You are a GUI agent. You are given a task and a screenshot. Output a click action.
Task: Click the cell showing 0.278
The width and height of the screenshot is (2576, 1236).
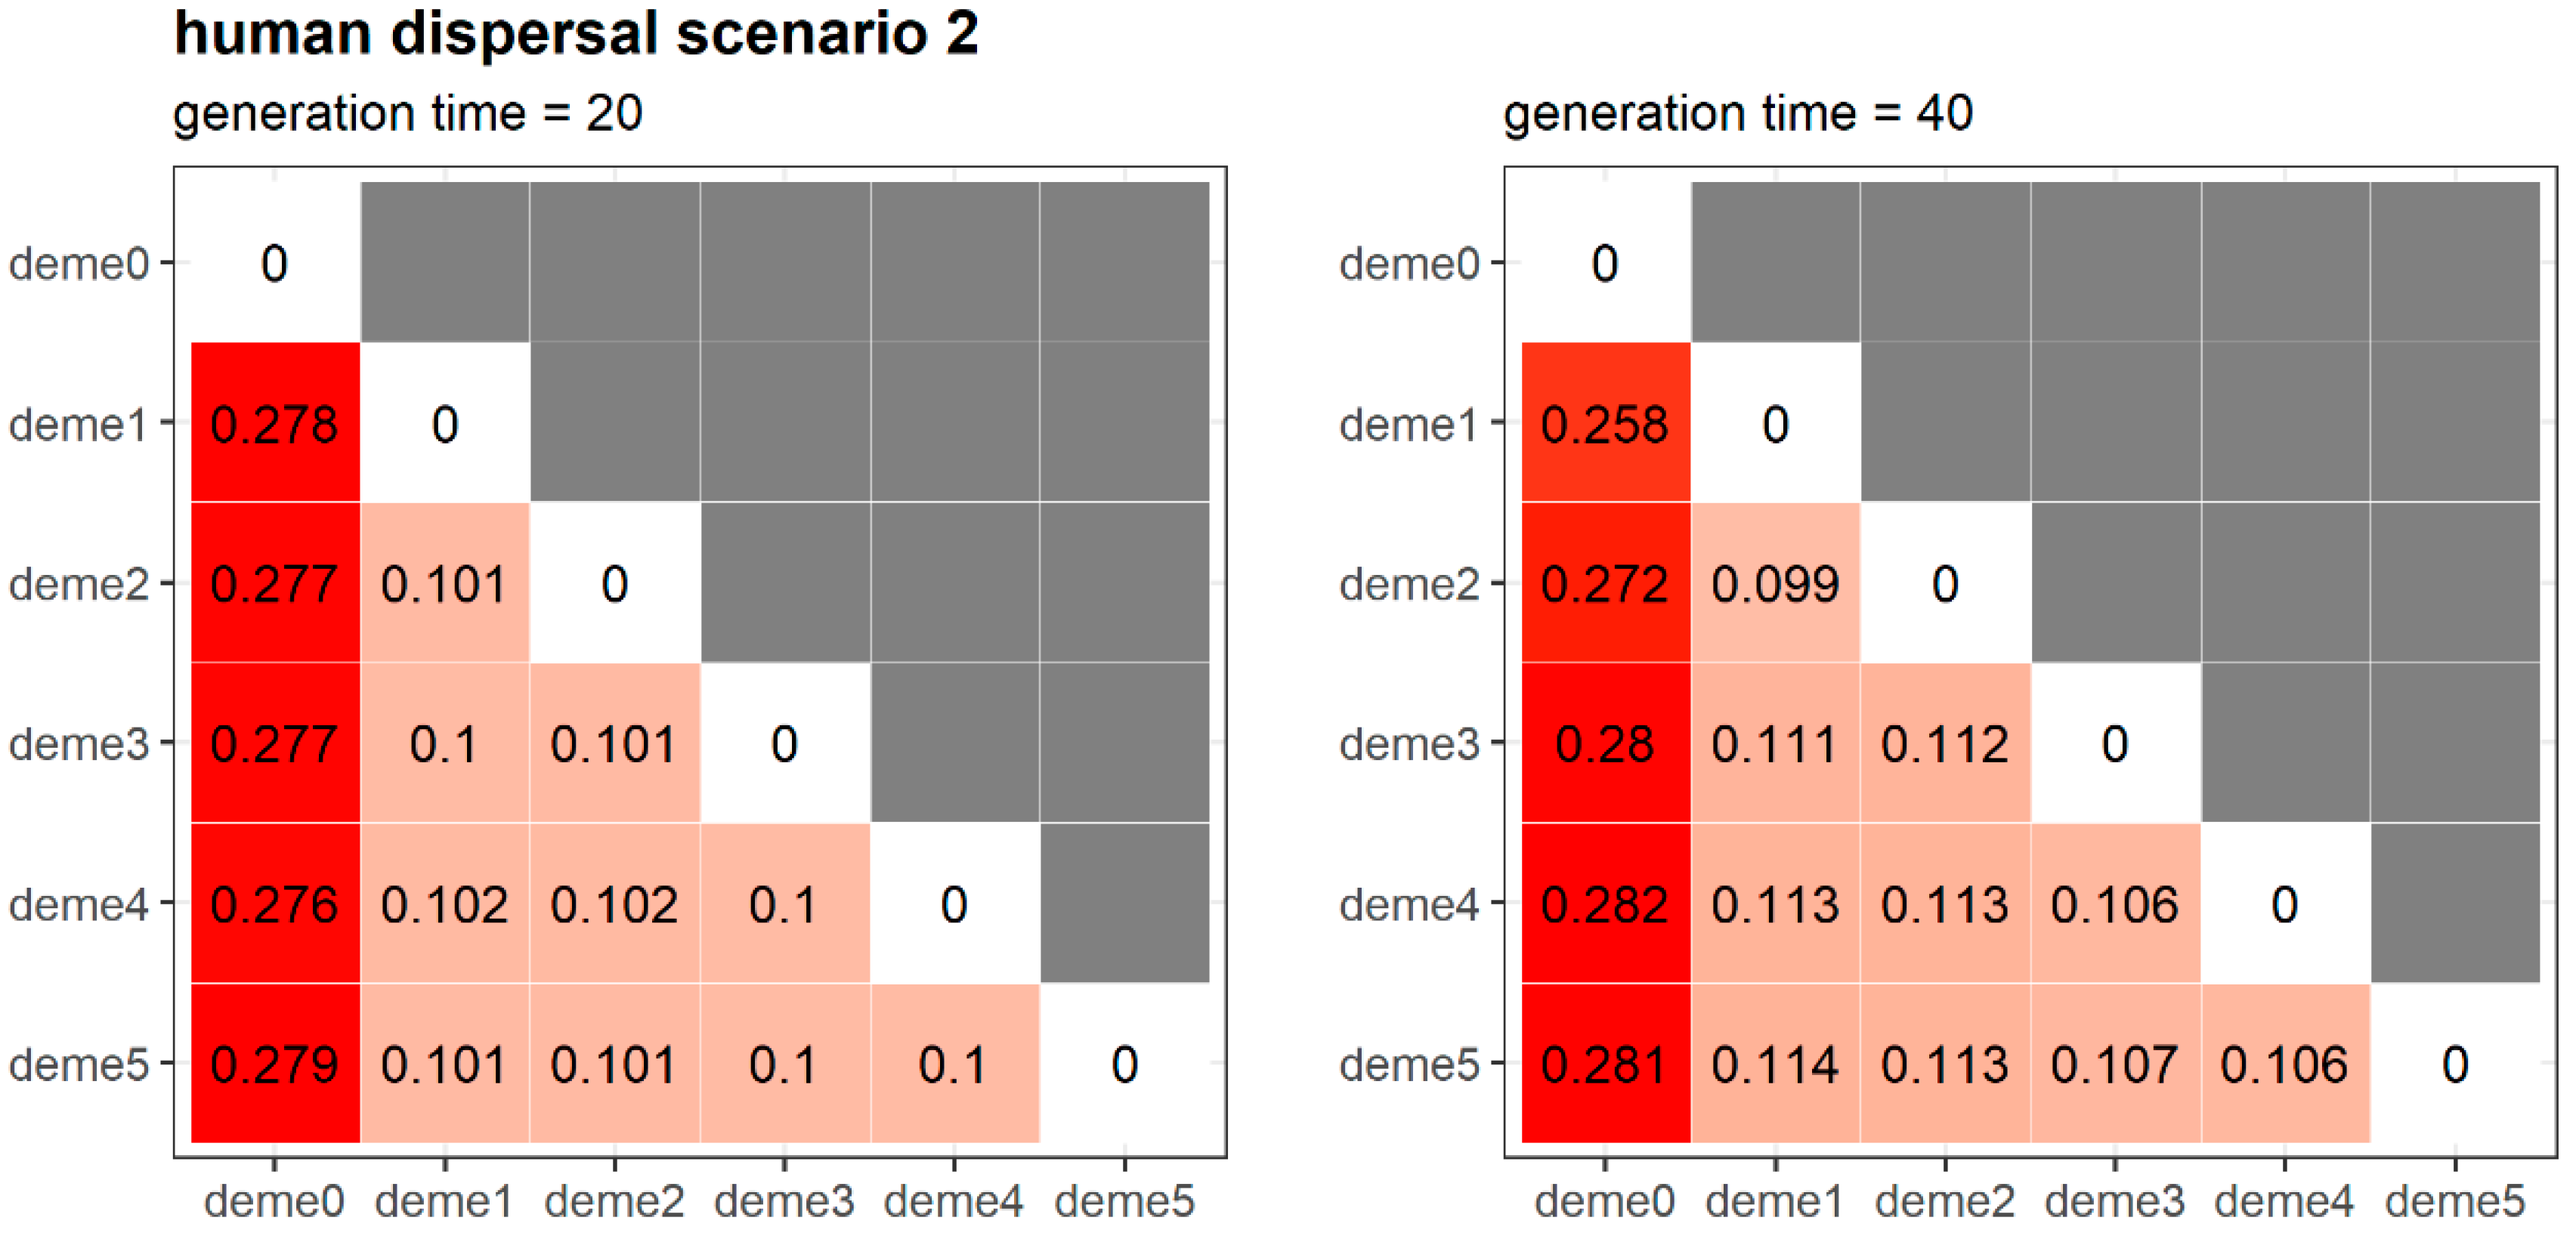tap(274, 424)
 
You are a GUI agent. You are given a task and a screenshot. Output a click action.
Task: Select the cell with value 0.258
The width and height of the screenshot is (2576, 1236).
tap(1604, 424)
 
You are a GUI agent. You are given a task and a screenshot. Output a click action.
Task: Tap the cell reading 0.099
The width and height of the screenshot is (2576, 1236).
tap(1774, 584)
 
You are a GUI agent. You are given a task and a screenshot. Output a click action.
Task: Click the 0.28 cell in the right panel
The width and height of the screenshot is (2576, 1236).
tap(1604, 744)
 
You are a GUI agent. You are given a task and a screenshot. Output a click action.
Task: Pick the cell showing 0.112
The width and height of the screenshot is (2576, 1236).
tap(1944, 744)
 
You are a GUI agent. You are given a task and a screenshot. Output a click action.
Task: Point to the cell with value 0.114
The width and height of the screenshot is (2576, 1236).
tap(1774, 1064)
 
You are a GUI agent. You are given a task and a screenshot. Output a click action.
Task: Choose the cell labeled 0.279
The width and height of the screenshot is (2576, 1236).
tap(274, 1064)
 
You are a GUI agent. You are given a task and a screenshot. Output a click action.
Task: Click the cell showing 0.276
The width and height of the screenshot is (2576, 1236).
tap(274, 904)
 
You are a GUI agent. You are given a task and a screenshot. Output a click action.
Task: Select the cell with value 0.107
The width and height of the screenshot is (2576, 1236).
tap(2114, 1064)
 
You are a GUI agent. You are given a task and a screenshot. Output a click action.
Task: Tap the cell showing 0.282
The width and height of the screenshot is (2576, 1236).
tap(1604, 904)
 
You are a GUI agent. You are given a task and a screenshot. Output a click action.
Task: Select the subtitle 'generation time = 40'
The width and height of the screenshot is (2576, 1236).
tap(1737, 113)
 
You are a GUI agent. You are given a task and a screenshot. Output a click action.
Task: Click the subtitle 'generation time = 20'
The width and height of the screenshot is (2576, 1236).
tap(407, 113)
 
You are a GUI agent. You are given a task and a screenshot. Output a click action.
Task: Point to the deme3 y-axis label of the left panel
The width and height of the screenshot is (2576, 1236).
tap(78, 744)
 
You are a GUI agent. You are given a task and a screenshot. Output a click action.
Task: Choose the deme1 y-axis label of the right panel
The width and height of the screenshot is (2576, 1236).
tap(1408, 424)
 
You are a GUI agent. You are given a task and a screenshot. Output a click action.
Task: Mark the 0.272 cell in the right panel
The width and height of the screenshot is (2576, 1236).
tap(1604, 584)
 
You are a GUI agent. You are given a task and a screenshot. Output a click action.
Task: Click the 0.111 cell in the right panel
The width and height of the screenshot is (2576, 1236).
tap(1774, 744)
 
